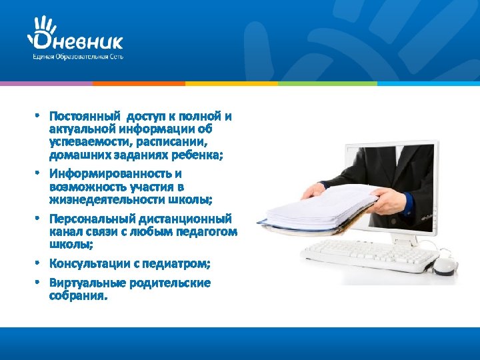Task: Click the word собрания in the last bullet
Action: pyautogui.click(x=77, y=295)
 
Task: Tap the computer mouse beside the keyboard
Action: pyautogui.click(x=443, y=266)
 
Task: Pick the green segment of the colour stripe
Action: pyautogui.click(x=327, y=83)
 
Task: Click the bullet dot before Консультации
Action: pyautogui.click(x=39, y=264)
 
